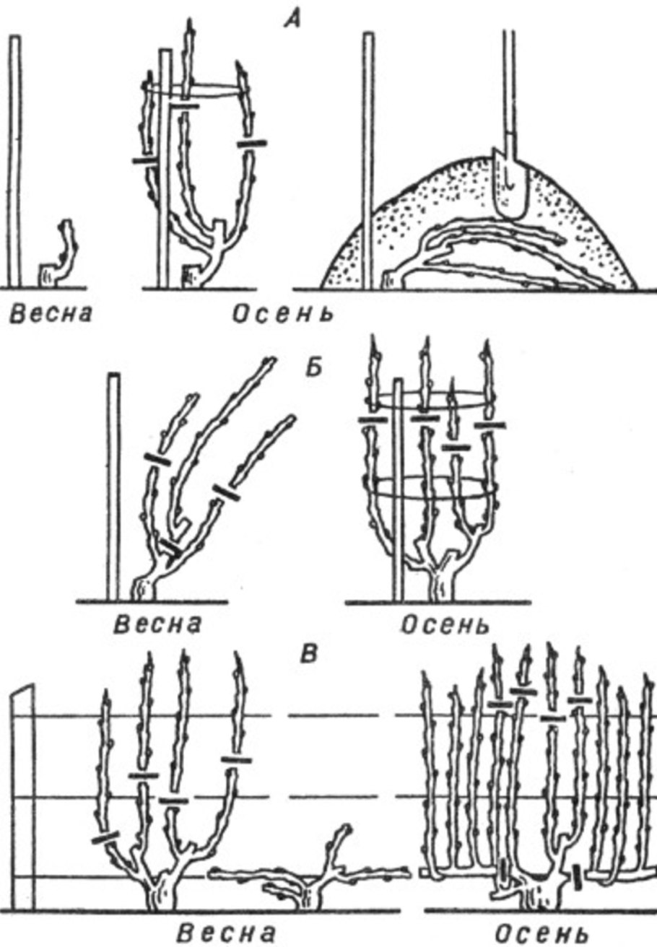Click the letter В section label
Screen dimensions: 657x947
coord(310,654)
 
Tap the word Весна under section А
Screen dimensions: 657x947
coord(51,314)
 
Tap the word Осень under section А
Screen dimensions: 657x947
coord(283,314)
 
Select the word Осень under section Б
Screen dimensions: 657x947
coord(444,625)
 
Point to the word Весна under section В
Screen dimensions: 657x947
coord(227,933)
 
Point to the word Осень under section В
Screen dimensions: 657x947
coord(541,933)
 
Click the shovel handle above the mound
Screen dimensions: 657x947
coord(508,89)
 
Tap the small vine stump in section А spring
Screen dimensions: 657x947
coord(60,253)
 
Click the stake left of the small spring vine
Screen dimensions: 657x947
coord(15,161)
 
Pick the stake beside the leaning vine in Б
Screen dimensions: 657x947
coord(114,486)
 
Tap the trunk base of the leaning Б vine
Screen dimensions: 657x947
coord(144,587)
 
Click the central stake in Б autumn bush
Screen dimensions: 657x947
coord(398,489)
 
